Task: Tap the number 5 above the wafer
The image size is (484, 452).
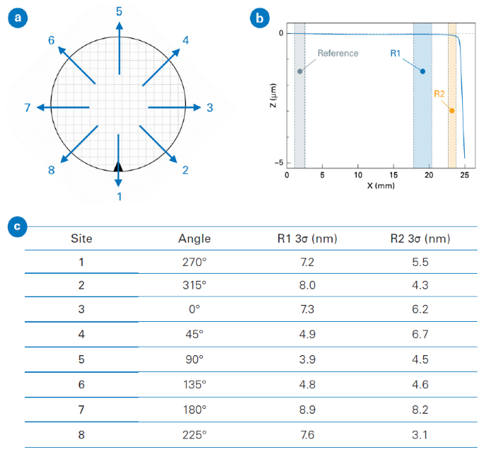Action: (x=119, y=11)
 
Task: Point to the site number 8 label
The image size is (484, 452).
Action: (x=51, y=170)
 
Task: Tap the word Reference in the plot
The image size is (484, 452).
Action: (x=338, y=53)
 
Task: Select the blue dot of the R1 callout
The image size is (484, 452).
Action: (x=422, y=71)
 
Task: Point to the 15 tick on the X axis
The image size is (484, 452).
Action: (x=393, y=175)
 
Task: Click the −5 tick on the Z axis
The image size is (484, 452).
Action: (x=279, y=163)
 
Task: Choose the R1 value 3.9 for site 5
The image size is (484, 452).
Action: (x=306, y=360)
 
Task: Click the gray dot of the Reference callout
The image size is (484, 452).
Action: (x=300, y=71)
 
